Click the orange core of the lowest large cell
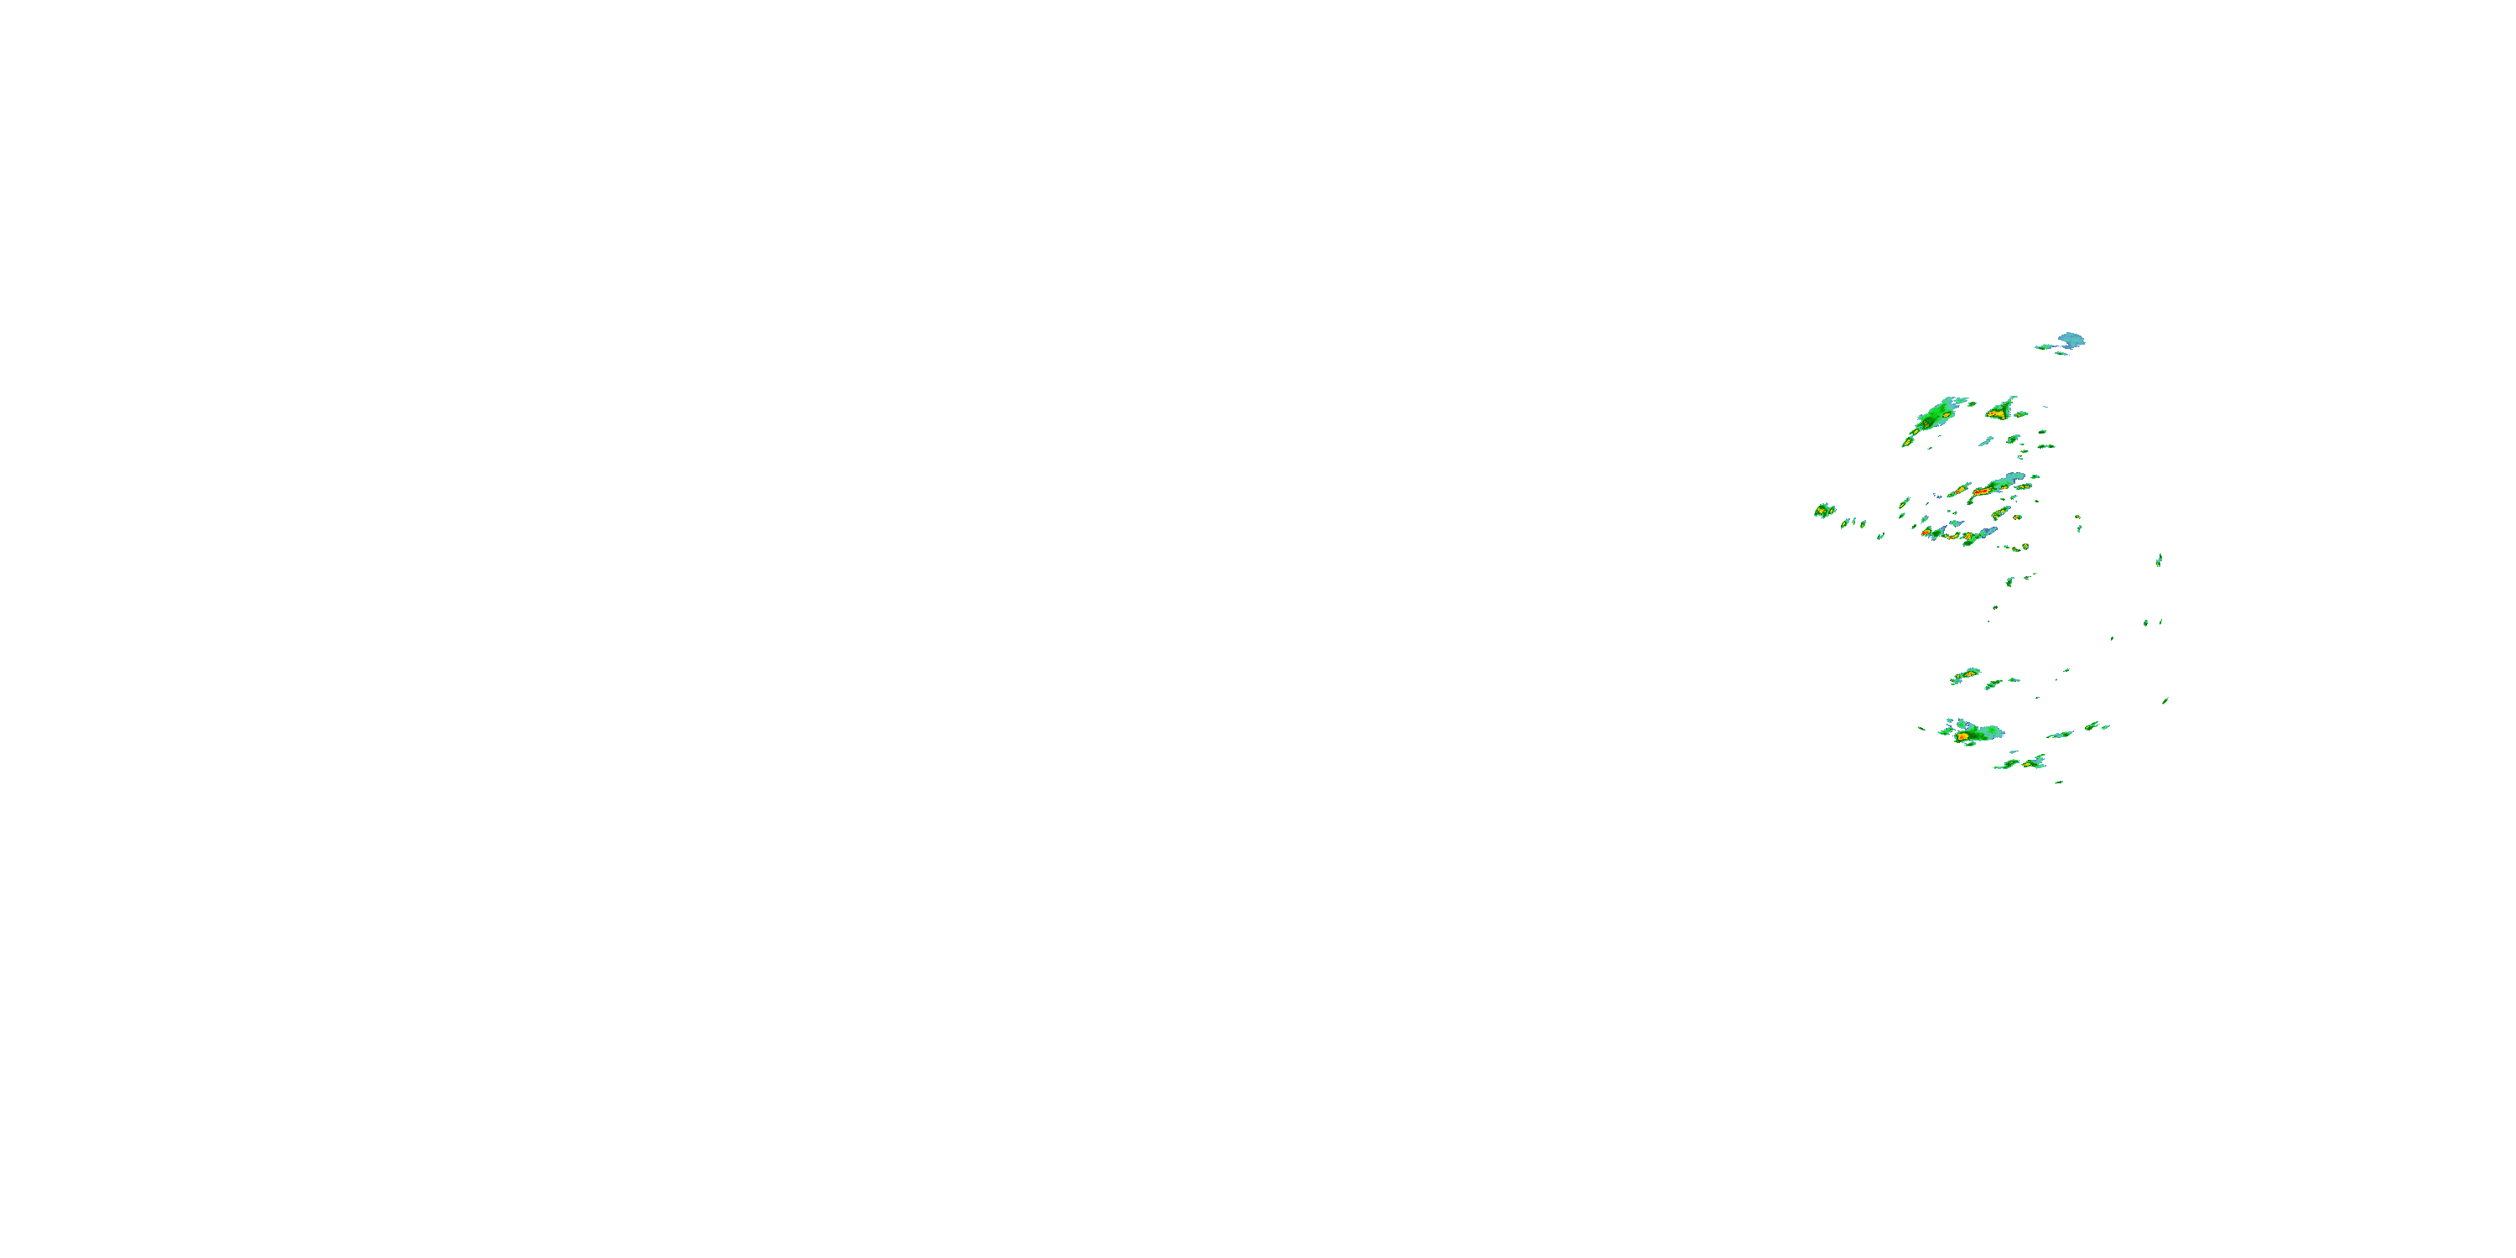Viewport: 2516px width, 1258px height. (x=1962, y=736)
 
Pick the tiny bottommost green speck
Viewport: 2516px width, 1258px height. (x=2059, y=782)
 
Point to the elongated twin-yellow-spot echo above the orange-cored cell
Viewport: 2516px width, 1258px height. (x=1965, y=675)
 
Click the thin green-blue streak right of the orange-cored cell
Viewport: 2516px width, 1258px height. (x=2060, y=735)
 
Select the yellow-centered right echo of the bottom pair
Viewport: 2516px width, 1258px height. (x=2034, y=761)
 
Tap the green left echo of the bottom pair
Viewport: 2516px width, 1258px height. (x=2006, y=764)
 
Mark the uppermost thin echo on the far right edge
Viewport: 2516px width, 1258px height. (x=2159, y=559)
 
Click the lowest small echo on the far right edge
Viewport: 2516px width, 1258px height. (x=2165, y=699)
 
